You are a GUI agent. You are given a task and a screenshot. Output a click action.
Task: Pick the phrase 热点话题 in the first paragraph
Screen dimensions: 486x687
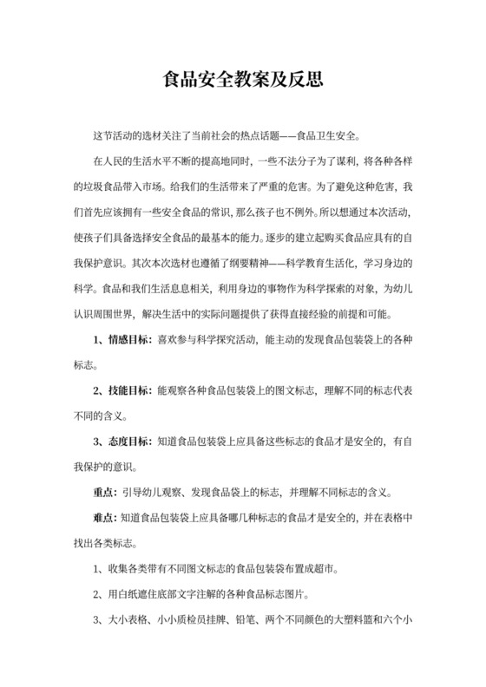(244, 136)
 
